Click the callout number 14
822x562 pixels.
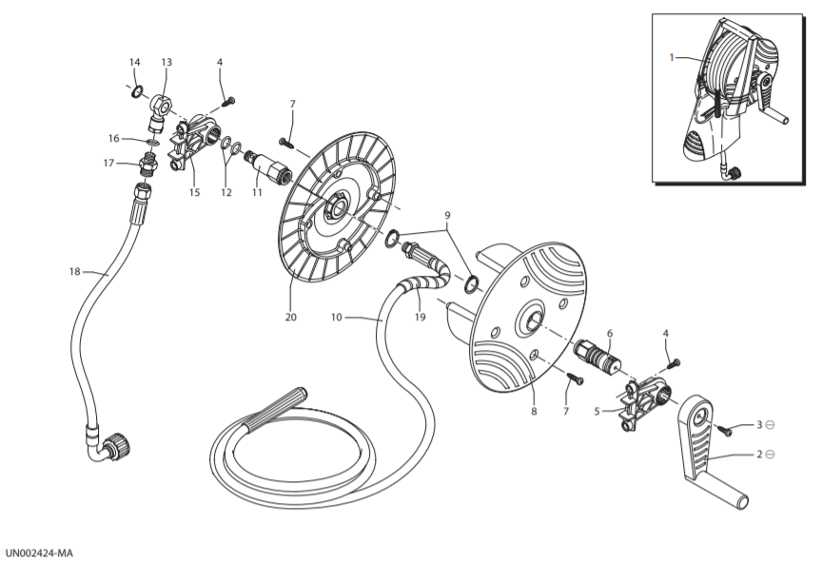click(x=135, y=63)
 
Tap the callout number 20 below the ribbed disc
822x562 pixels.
click(x=290, y=317)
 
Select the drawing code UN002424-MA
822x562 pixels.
click(x=39, y=553)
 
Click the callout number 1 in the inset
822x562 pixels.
click(x=672, y=57)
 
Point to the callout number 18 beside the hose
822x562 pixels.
click(x=75, y=271)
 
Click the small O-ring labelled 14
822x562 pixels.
click(x=136, y=92)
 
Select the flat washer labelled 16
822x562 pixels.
click(x=152, y=142)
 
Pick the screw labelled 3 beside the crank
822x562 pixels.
click(x=726, y=430)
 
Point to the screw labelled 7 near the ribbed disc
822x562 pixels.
click(x=286, y=142)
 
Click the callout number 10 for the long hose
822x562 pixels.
click(x=337, y=317)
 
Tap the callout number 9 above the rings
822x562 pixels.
click(x=447, y=215)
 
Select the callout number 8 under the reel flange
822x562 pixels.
click(x=534, y=411)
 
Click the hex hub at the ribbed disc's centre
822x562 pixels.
click(x=335, y=204)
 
